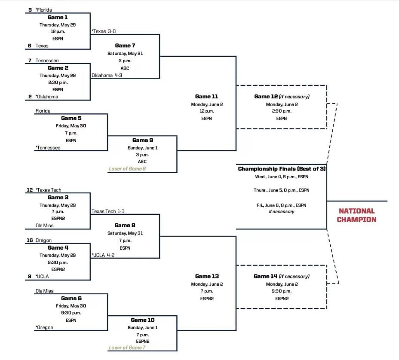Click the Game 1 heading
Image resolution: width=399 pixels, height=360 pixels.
click(58, 17)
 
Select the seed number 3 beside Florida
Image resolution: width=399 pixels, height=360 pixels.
click(30, 9)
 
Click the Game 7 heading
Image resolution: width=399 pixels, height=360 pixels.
click(125, 46)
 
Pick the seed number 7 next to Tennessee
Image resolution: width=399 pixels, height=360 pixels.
click(30, 61)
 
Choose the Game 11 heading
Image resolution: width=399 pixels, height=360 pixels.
click(206, 97)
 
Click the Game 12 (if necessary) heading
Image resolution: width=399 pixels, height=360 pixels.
click(282, 97)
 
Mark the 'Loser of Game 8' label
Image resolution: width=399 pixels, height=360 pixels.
click(127, 169)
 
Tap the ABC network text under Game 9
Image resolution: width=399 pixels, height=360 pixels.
click(142, 162)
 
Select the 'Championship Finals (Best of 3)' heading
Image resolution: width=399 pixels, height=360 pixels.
click(282, 169)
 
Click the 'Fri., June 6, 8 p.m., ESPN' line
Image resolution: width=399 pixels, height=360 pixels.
click(282, 205)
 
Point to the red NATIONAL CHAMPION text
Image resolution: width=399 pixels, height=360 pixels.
click(356, 215)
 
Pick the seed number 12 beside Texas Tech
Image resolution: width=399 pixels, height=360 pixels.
click(30, 190)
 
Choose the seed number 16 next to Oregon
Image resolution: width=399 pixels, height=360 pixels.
click(30, 241)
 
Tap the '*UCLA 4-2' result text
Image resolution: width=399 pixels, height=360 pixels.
click(103, 255)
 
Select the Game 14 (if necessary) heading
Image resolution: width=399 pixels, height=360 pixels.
click(282, 276)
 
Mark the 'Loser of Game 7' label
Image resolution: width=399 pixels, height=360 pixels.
click(127, 348)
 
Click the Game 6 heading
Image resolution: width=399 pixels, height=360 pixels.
click(71, 298)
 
